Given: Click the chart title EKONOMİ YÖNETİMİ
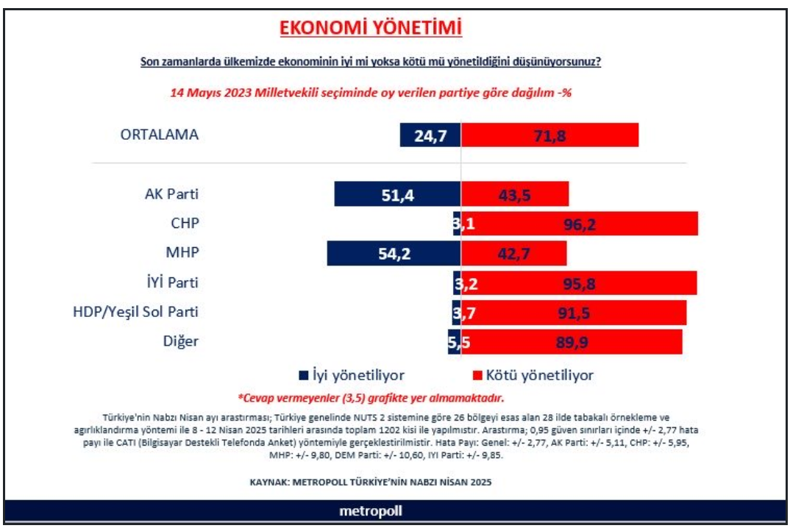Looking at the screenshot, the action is [370, 28].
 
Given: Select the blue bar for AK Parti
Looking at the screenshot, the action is [397, 194].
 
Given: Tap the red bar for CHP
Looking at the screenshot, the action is [580, 224].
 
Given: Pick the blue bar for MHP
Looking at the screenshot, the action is [394, 254].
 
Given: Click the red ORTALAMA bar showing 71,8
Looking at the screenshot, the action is [549, 135].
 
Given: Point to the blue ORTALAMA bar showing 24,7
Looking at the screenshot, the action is [430, 135].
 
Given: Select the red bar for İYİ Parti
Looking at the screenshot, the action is [579, 283].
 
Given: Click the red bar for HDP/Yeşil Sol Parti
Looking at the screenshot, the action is [573, 313].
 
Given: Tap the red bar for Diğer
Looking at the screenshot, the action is [572, 342].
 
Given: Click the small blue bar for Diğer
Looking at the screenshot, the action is [455, 342].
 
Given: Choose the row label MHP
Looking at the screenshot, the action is [182, 252].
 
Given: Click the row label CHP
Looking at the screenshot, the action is [185, 223].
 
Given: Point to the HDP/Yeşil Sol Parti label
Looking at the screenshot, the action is [135, 312].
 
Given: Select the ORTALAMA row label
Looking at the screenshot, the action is [159, 135].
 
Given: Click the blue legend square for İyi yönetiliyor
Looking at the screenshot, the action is [303, 375].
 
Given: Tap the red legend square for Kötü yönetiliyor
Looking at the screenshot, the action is [477, 375].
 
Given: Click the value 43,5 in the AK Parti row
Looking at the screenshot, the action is [514, 195].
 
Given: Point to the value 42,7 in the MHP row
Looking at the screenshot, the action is [513, 254].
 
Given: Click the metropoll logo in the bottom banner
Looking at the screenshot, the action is [370, 511].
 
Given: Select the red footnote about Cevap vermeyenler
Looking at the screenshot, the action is [371, 398].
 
